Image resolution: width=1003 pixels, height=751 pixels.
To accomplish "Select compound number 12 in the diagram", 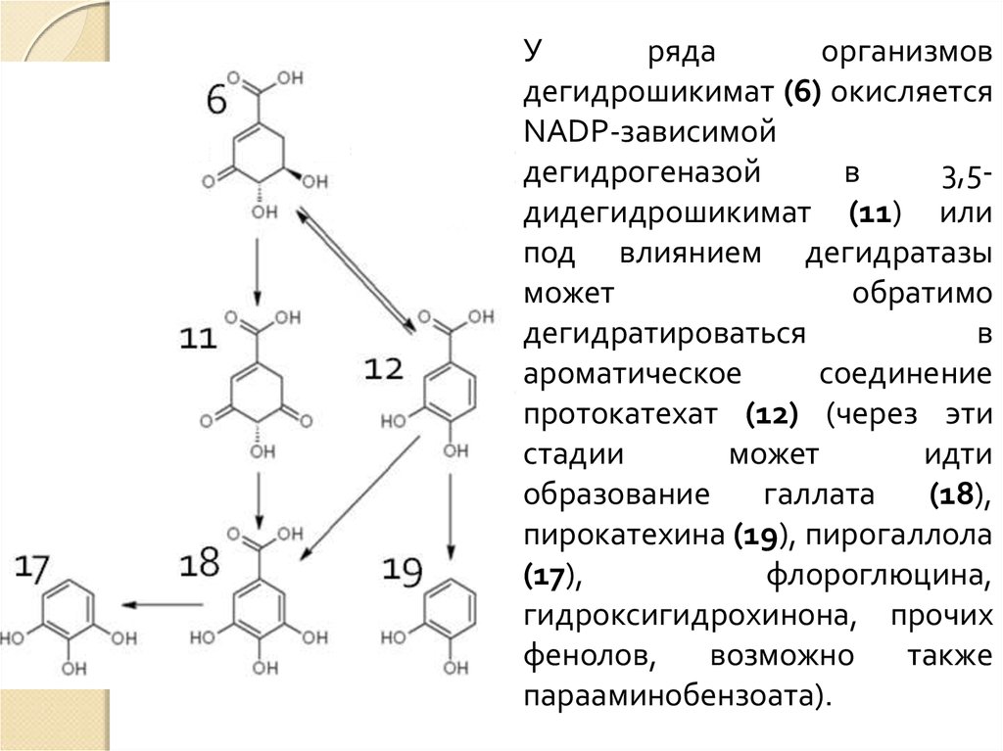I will pos(384,368).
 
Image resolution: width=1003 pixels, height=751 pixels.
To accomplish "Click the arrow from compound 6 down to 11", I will pos(257,268).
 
